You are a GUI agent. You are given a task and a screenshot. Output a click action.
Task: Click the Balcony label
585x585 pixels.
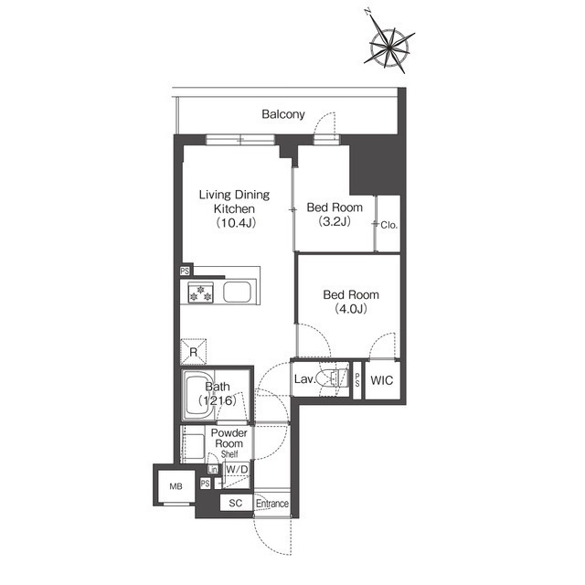(283, 114)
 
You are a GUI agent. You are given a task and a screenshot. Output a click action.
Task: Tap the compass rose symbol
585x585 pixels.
(389, 45)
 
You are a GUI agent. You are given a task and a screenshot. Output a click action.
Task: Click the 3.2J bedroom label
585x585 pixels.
(335, 215)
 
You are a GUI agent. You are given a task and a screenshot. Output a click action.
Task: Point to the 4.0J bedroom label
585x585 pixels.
(351, 302)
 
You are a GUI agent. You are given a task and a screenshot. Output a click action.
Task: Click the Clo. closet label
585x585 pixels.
(389, 225)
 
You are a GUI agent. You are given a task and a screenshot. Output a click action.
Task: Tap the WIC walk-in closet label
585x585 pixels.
(382, 380)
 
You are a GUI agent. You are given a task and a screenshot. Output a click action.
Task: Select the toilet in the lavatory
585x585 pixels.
(333, 378)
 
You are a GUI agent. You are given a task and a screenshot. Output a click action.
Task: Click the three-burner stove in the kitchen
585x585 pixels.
(200, 292)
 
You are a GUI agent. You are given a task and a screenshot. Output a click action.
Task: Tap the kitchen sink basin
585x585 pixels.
(237, 292)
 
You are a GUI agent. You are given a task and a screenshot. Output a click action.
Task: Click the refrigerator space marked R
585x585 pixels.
(193, 351)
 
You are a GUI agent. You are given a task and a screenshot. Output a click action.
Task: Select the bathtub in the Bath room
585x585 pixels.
(199, 396)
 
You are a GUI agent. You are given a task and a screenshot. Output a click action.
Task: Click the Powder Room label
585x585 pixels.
(229, 439)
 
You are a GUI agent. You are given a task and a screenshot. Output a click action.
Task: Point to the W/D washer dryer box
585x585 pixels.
(237, 475)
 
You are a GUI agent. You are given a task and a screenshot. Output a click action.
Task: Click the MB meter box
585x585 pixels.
(176, 486)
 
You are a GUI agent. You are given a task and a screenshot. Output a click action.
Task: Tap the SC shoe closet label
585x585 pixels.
(236, 503)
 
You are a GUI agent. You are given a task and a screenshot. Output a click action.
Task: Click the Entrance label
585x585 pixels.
(272, 504)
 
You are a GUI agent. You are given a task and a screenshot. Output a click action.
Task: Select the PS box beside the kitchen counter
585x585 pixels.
(185, 271)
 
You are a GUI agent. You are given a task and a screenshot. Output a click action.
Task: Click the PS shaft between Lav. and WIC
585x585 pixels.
(357, 380)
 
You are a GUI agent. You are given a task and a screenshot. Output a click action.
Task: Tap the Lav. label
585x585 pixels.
(304, 380)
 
